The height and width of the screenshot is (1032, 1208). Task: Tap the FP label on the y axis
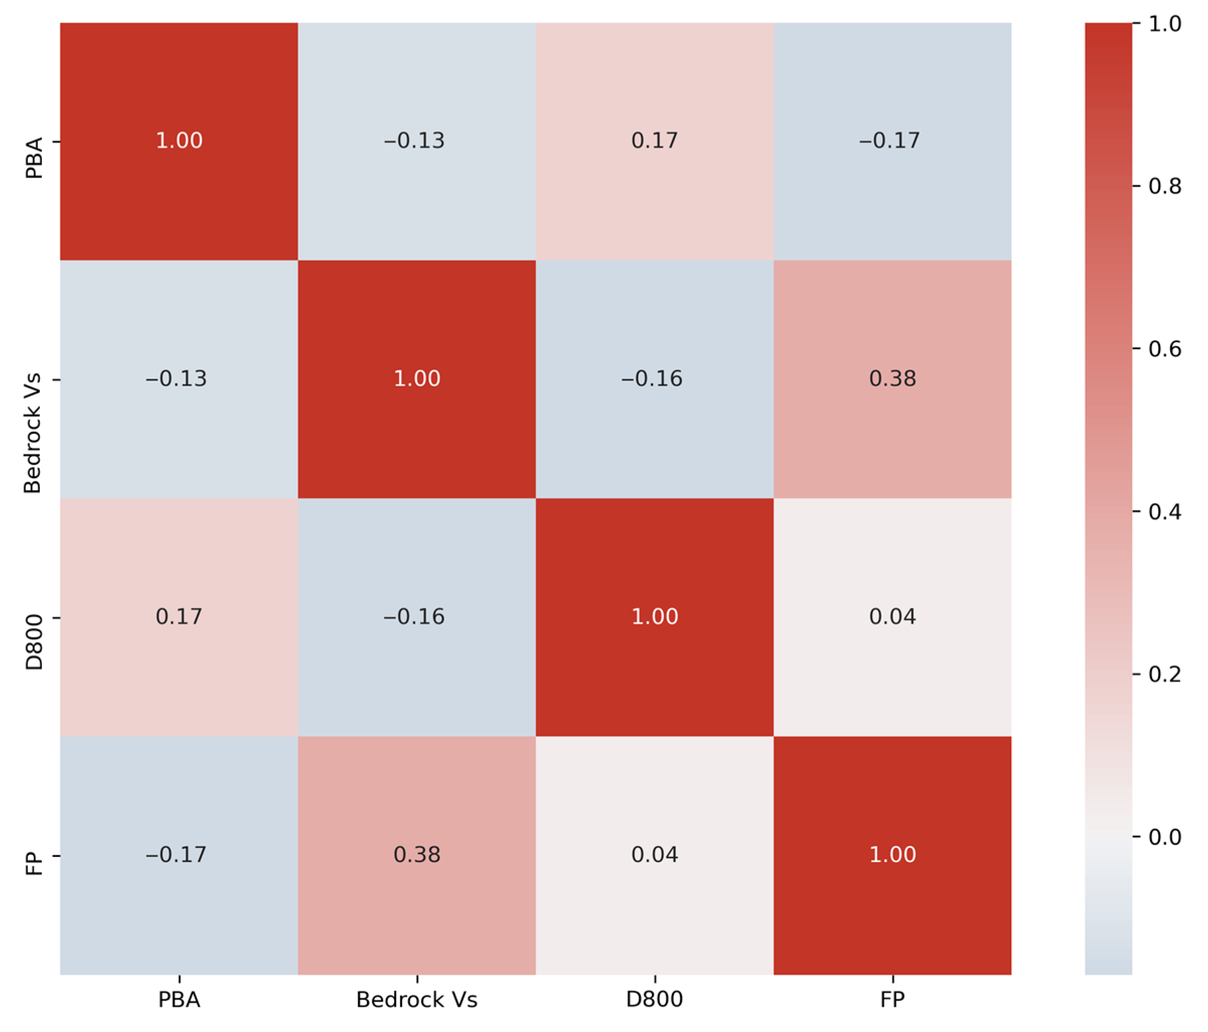click(34, 863)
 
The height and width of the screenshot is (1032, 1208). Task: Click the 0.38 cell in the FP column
click(892, 379)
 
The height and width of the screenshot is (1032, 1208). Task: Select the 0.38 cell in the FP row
click(416, 855)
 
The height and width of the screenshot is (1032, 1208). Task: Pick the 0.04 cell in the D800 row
click(892, 616)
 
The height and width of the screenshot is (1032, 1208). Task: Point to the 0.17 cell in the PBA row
click(654, 141)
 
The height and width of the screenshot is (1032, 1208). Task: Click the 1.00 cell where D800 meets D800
click(654, 616)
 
